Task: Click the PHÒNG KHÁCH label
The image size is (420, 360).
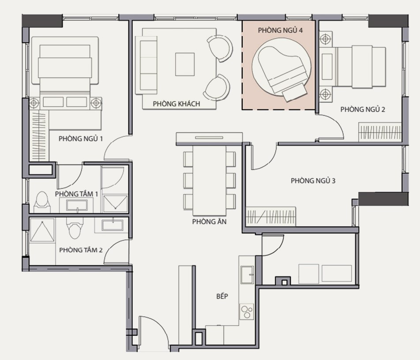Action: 176,104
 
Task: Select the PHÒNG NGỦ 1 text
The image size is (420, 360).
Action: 81,139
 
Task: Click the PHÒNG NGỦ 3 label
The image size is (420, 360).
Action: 313,180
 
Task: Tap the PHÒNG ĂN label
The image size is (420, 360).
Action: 209,222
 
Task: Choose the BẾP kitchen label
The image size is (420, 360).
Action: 222,296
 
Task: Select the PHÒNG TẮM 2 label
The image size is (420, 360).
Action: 81,250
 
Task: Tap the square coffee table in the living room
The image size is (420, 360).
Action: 185,64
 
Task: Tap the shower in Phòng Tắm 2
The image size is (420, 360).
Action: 42,230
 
